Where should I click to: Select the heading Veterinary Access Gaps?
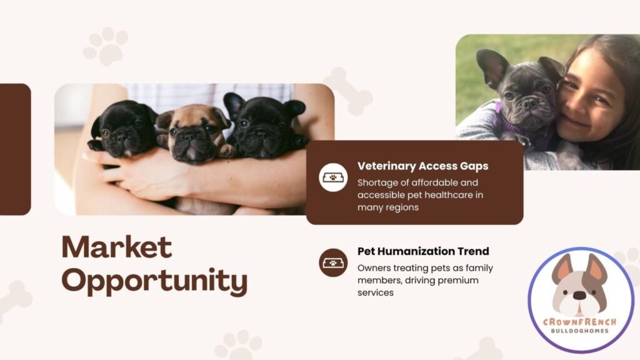tap(422, 166)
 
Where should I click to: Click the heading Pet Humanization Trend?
tap(423, 251)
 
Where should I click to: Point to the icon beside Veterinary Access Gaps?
tap(333, 177)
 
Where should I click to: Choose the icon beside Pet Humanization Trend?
tap(333, 262)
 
